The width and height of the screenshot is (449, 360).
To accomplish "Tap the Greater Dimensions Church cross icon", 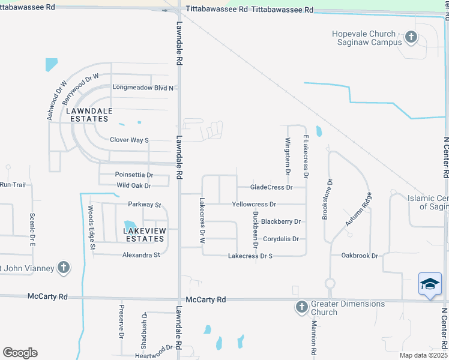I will (301, 308).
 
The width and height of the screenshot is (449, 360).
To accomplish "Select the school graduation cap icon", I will (430, 284).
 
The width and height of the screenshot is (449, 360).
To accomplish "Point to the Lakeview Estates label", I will (143, 235).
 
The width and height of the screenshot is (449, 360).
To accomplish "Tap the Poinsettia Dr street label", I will (134, 175).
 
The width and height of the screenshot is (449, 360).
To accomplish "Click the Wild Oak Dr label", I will (133, 185).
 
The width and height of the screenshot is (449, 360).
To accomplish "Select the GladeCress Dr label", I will (271, 187).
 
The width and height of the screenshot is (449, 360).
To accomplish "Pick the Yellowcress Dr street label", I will (254, 205).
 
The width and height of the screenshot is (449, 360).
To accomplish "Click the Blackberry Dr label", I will (280, 221).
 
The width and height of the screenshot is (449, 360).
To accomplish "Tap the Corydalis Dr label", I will (281, 239).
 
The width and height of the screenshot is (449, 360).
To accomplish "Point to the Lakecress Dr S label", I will (250, 256).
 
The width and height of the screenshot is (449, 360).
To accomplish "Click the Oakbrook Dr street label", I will (360, 256).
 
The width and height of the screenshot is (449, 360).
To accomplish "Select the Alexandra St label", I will (141, 254).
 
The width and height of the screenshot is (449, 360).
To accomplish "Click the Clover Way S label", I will (129, 140).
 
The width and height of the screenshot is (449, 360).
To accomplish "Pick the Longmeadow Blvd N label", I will (143, 88).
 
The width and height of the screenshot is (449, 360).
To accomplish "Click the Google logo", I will (20, 353).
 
